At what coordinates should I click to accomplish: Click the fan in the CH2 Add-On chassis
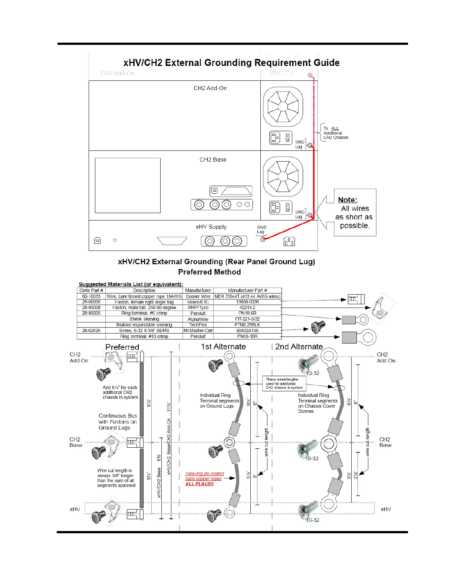click(283, 107)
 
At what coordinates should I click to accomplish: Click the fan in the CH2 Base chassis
click(283, 177)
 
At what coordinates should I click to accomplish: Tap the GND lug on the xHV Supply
click(263, 239)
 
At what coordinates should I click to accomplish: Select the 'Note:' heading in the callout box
click(348, 200)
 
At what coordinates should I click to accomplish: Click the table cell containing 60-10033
click(91, 296)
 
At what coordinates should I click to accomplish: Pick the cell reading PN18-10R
click(247, 336)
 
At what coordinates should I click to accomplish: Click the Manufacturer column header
click(198, 291)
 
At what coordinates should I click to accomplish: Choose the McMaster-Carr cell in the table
click(198, 331)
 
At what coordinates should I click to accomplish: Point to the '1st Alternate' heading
click(223, 347)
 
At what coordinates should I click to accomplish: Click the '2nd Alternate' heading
click(299, 347)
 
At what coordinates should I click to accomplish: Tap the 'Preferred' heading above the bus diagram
click(122, 347)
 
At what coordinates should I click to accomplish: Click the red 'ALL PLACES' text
click(200, 484)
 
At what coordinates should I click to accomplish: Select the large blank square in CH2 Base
click(128, 185)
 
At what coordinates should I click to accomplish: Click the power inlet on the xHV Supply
click(289, 242)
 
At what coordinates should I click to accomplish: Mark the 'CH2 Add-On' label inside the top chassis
click(210, 88)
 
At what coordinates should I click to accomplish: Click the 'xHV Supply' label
click(211, 227)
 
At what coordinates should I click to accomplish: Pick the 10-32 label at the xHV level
click(312, 520)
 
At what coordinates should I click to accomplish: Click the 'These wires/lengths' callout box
click(284, 384)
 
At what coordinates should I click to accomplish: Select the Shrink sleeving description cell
click(144, 319)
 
